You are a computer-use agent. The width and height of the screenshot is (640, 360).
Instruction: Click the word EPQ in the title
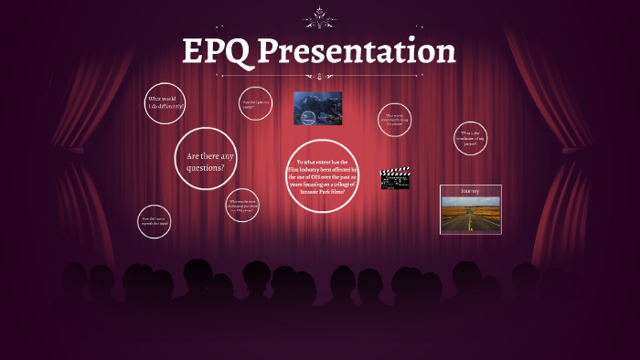point(216,51)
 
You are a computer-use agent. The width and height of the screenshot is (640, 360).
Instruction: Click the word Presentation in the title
point(356,51)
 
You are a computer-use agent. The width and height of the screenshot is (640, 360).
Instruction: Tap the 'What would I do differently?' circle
point(165,102)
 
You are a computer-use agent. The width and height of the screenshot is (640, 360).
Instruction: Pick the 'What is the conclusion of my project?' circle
point(471,139)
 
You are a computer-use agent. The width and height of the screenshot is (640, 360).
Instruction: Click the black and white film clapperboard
point(394,178)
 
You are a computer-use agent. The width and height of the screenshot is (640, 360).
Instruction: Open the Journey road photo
point(470,215)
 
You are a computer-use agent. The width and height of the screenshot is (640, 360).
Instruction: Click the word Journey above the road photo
point(470,191)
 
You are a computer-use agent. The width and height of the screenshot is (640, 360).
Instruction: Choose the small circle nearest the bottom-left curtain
point(154,220)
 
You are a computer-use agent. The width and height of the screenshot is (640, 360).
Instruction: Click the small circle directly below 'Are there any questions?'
point(242,205)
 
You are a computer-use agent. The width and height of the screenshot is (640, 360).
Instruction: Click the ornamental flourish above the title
point(319,16)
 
